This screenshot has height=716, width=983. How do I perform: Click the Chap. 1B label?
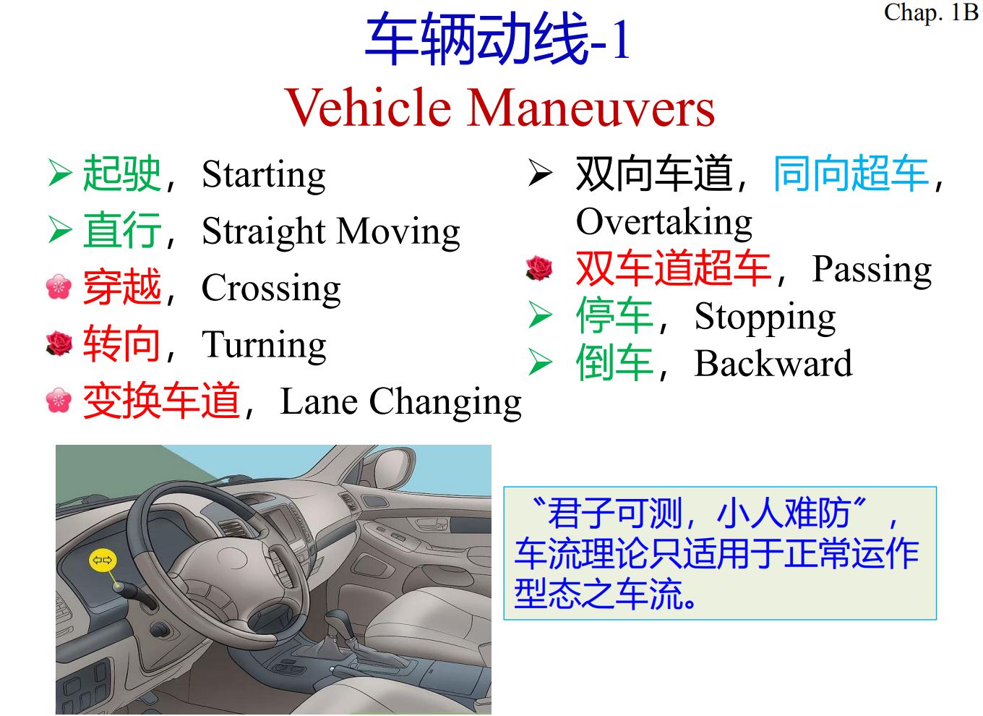pyautogui.click(x=931, y=13)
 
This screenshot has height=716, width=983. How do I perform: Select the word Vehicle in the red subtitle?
pyautogui.click(x=369, y=108)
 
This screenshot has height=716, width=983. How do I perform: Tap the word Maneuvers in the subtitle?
pyautogui.click(x=591, y=108)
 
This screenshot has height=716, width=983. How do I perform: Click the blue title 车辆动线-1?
pyautogui.click(x=497, y=38)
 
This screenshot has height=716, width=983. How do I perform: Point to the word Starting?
pyautogui.click(x=264, y=176)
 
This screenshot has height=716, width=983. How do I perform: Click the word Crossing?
pyautogui.click(x=271, y=289)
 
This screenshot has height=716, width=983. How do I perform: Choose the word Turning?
pyautogui.click(x=264, y=346)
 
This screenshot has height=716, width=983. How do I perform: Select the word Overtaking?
pyautogui.click(x=664, y=223)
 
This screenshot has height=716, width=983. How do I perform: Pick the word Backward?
pyautogui.click(x=773, y=364)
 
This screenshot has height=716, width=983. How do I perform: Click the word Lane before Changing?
pyautogui.click(x=319, y=401)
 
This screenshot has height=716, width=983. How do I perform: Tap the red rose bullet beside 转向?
pyautogui.click(x=59, y=344)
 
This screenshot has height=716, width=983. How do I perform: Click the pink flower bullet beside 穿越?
pyautogui.click(x=59, y=286)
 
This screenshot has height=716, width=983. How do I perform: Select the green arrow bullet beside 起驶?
pyautogui.click(x=60, y=173)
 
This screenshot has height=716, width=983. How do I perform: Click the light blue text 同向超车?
pyautogui.click(x=851, y=174)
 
